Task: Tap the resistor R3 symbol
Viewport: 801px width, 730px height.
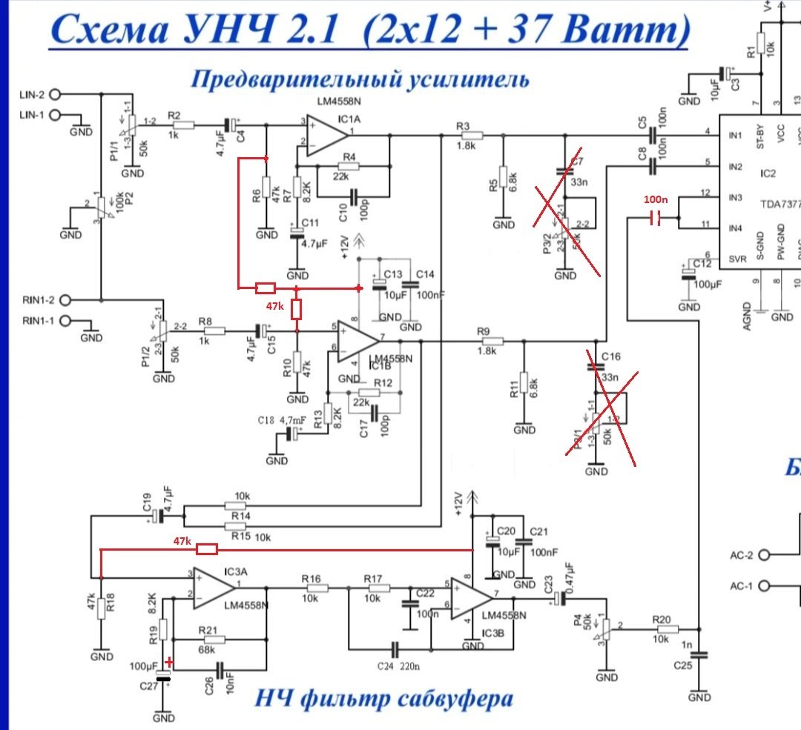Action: tap(472, 136)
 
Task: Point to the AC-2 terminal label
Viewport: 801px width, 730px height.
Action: tap(741, 554)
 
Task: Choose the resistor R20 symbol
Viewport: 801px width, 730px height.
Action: tap(666, 629)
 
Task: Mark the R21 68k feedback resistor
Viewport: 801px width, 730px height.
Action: tap(210, 639)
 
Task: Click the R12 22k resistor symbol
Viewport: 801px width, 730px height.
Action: tap(369, 392)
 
